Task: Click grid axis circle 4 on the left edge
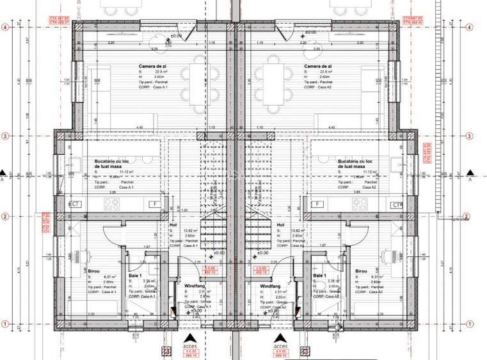(5, 27)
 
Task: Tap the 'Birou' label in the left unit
(94, 271)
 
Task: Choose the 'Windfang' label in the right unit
(271, 286)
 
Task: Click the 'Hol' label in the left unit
(172, 225)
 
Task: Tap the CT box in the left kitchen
(76, 203)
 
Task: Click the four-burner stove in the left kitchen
(112, 204)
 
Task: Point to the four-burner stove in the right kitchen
(359, 204)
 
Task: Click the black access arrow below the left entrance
(190, 338)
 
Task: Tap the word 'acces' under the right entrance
(280, 347)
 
